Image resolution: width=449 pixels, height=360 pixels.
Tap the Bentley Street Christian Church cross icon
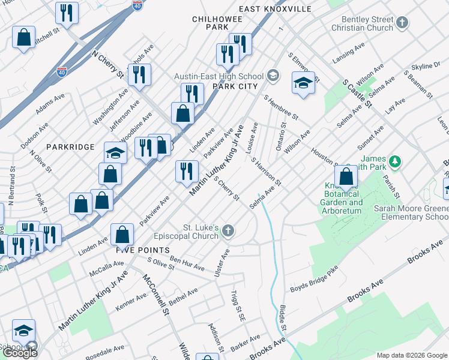point(402,23)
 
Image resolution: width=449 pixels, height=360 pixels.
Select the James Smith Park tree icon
point(394,161)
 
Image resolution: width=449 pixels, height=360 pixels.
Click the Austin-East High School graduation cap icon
point(273,76)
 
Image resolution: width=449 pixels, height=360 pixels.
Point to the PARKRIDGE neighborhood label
point(71,147)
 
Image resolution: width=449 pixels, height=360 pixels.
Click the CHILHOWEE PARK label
point(210,23)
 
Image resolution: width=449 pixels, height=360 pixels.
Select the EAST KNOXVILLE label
point(275,9)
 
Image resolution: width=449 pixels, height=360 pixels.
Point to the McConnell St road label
point(154,295)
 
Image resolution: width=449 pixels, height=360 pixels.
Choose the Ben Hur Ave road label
point(187,262)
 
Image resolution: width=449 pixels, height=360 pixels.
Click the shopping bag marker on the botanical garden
point(346,177)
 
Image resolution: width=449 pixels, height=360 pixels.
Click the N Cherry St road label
point(108,64)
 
